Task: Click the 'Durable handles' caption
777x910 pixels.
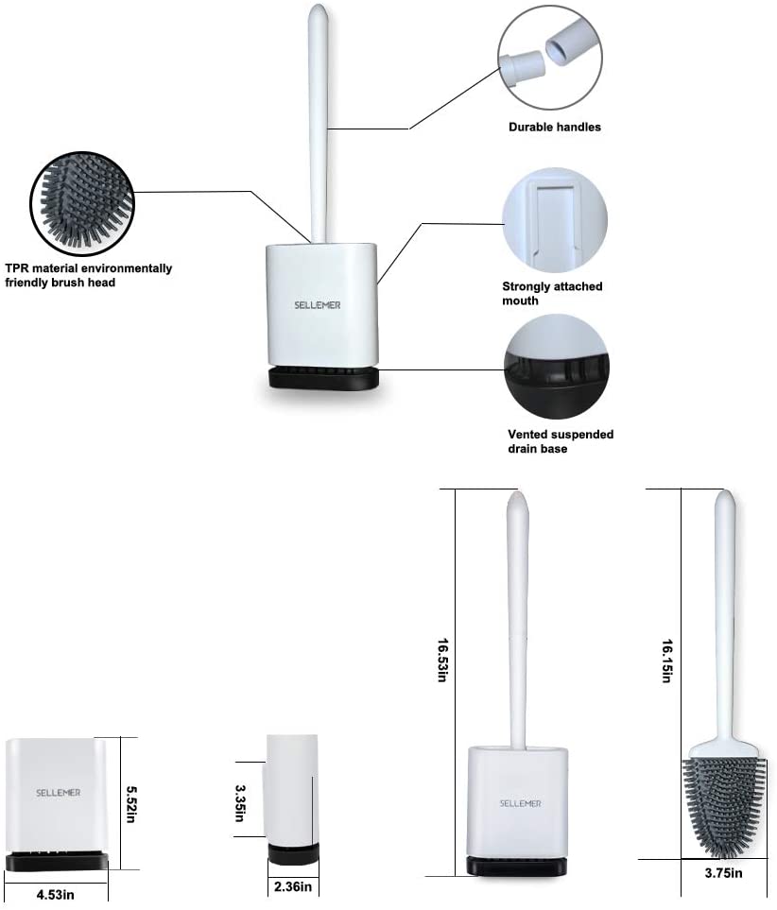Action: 554,127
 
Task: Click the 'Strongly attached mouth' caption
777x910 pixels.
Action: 552,293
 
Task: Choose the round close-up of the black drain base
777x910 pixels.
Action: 554,366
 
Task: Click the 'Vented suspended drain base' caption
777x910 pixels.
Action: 561,441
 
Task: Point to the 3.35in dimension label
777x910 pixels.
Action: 239,799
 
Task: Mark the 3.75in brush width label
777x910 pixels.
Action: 723,872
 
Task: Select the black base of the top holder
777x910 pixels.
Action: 321,378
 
